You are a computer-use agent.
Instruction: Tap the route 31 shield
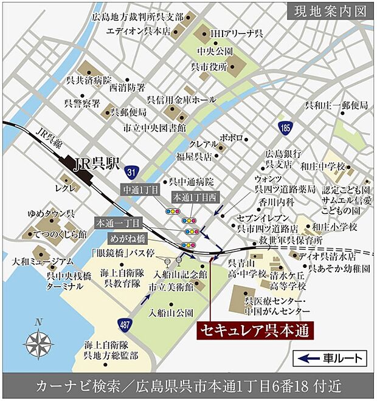(x=133, y=172)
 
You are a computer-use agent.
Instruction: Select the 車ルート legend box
(x=330, y=358)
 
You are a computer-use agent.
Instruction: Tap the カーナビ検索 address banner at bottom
(x=188, y=386)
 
